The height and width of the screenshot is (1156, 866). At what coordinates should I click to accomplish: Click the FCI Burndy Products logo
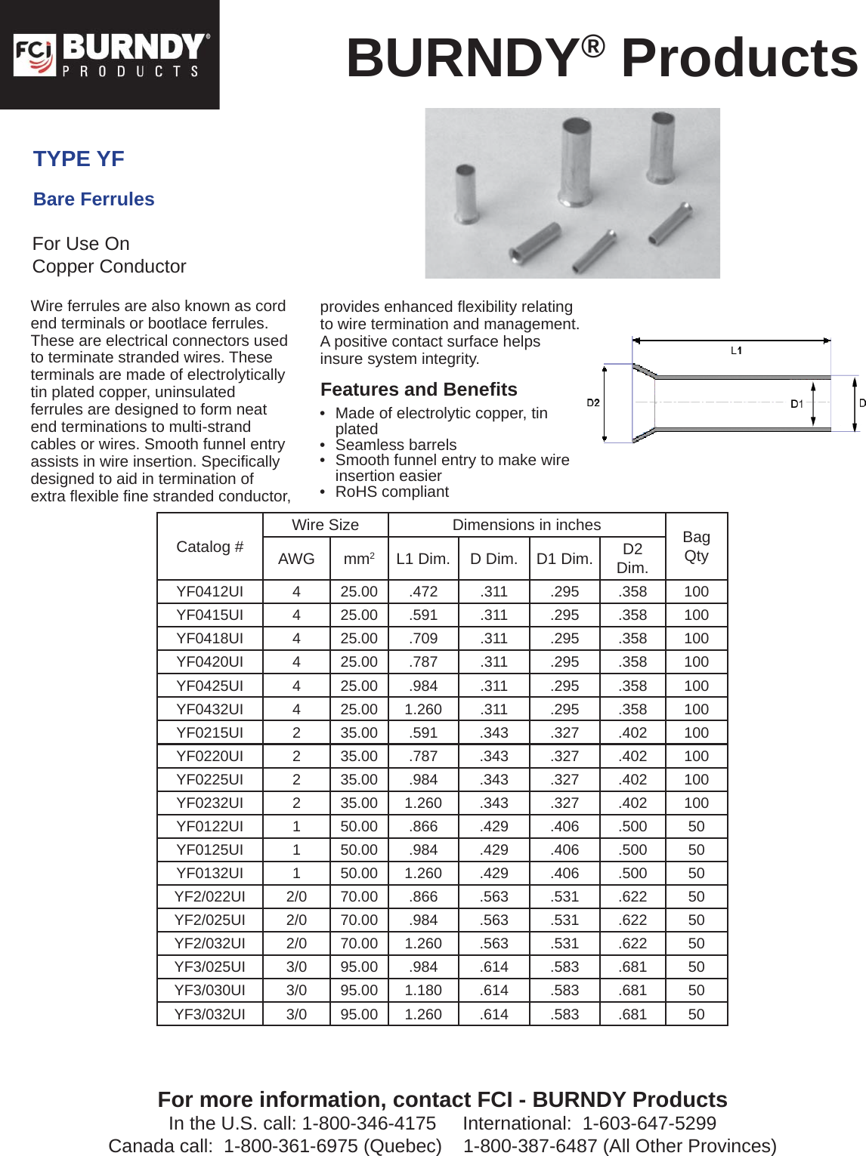pos(110,55)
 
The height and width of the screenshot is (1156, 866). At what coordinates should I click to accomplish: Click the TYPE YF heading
pos(79,159)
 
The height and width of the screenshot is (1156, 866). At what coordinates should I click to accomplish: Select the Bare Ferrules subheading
pos(94,199)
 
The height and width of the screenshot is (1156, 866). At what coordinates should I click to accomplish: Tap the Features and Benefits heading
pos(419,390)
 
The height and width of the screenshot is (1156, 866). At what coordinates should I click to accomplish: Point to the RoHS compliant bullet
pos(391,492)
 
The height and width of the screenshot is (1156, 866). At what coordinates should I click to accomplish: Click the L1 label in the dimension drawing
pos(736,350)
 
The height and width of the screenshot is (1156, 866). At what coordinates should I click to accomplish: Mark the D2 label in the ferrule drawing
pos(593,402)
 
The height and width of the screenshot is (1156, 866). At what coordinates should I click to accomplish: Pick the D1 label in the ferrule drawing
pos(796,404)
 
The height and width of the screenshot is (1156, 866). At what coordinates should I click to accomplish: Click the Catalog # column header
pos(209,547)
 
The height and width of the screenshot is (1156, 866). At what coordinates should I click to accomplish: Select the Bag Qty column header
pos(696,547)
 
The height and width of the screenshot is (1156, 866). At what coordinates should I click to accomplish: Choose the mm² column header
pos(359,559)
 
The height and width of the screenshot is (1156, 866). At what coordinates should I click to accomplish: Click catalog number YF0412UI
pos(209,592)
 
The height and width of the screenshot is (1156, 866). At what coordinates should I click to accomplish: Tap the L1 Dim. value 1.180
pos(423,990)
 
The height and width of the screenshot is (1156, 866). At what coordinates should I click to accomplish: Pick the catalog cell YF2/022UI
pos(209,896)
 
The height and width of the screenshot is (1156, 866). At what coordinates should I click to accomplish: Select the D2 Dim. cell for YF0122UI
pos(632,827)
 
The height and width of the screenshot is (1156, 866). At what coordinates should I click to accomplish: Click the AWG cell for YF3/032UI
pos(296,1014)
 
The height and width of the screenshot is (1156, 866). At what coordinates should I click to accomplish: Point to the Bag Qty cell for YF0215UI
pos(696,732)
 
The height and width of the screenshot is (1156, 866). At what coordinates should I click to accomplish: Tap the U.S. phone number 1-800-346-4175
pos(369,1124)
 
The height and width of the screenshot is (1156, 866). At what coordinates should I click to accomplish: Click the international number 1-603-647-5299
pos(649,1124)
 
